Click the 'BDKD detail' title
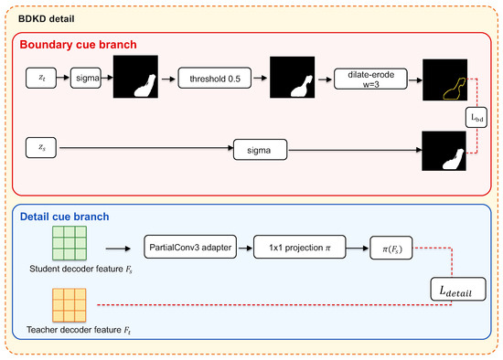47,19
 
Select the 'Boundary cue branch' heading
79,45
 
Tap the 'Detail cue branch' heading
65,217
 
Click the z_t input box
41,78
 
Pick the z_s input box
41,147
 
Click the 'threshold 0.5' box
215,78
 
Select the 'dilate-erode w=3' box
370,79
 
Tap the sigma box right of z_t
86,78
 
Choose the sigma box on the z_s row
260,150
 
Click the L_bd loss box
476,117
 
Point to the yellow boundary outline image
445,79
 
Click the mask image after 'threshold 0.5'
293,78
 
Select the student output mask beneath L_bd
444,151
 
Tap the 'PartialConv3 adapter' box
190,247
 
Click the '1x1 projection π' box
300,248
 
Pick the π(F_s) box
391,248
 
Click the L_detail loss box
458,289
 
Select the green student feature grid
70,243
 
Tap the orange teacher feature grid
70,305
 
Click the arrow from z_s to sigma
146,148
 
